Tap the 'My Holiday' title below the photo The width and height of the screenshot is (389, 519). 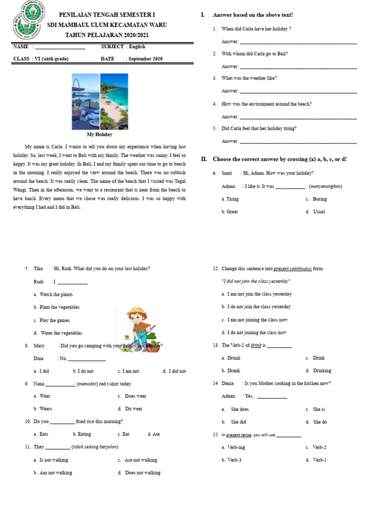99,134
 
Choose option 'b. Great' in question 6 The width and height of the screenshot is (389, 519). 229,212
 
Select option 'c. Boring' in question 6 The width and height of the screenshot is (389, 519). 316,199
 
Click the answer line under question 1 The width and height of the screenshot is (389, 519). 298,42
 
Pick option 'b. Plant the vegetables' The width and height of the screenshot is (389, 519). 56,307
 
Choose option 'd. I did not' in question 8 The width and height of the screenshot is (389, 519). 174,371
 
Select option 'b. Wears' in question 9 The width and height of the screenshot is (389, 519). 43,409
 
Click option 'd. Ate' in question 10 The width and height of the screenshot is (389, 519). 153,434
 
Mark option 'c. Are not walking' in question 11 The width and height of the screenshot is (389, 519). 137,460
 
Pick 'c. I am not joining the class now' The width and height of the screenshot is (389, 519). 254,320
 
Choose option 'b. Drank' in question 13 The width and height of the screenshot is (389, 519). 230,370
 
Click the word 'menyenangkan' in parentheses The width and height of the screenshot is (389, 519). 325,186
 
